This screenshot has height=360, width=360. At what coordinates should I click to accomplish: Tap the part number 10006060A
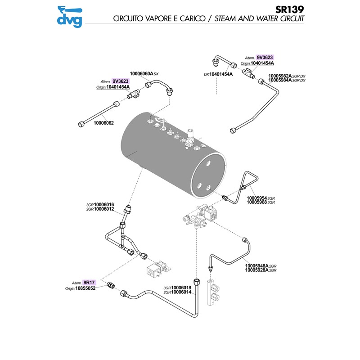141,73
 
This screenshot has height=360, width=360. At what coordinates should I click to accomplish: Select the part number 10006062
104,123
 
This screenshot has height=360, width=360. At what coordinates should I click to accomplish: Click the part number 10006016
104,205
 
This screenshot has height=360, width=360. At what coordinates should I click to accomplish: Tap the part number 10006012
104,209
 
